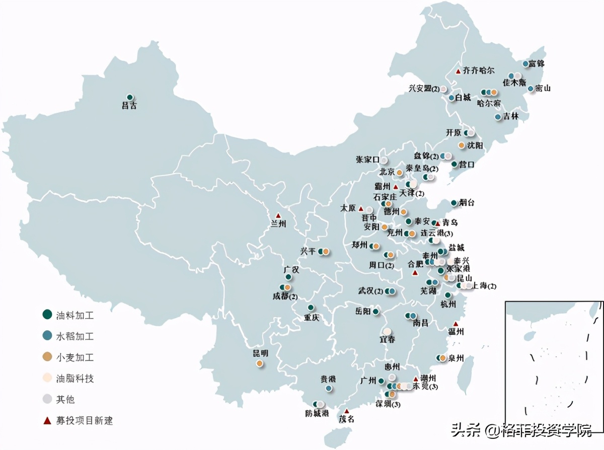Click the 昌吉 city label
[x=129, y=106]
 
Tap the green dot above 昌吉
[x=129, y=97]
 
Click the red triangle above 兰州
[x=278, y=215]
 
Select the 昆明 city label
[x=260, y=353]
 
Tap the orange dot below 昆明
[x=259, y=363]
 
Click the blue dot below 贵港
[x=329, y=388]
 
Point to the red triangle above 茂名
[x=346, y=411]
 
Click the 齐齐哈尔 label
[x=479, y=70]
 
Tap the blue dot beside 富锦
[x=525, y=64]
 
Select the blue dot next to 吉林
[x=498, y=117]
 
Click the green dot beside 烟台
[x=454, y=203]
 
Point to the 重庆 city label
[x=311, y=318]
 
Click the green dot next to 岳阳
[x=375, y=312]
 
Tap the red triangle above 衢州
[x=456, y=324]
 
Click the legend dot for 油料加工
[x=47, y=315]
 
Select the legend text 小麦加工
[x=75, y=357]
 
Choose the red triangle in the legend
[x=47, y=420]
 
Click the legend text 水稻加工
[x=75, y=336]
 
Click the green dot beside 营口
[x=454, y=164]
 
